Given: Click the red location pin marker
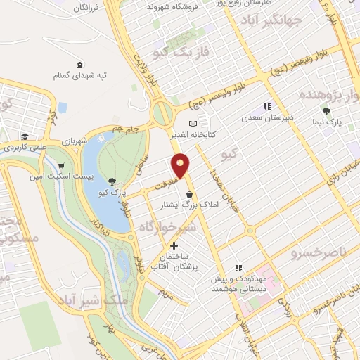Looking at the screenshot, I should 181,165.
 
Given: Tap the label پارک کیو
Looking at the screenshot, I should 112,192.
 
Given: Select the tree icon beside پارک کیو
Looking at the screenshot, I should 112,181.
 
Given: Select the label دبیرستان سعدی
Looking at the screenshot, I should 265,118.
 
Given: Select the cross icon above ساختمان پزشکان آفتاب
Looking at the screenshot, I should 174,245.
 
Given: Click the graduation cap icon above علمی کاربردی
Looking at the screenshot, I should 24,136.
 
